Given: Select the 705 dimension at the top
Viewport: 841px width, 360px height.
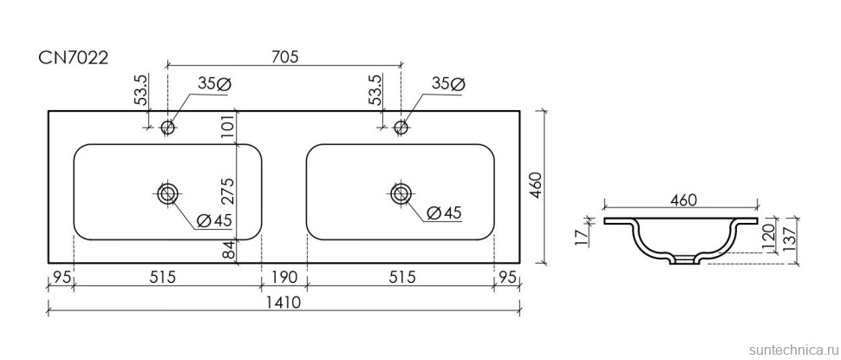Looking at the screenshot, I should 284,57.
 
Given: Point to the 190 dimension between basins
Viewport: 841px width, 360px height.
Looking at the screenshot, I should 284,278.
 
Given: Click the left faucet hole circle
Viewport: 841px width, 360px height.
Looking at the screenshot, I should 168,128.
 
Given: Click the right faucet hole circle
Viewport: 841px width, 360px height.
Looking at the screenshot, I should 401,128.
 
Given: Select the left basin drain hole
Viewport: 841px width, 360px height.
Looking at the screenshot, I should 167,192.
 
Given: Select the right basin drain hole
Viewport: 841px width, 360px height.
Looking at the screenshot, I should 401,192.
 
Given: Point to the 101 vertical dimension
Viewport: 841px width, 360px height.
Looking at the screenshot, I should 229,127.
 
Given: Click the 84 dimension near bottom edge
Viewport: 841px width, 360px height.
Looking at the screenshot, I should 229,252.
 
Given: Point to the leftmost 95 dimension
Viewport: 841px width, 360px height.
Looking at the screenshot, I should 60,278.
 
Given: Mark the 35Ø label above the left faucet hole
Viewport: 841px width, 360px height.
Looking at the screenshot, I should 212,83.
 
